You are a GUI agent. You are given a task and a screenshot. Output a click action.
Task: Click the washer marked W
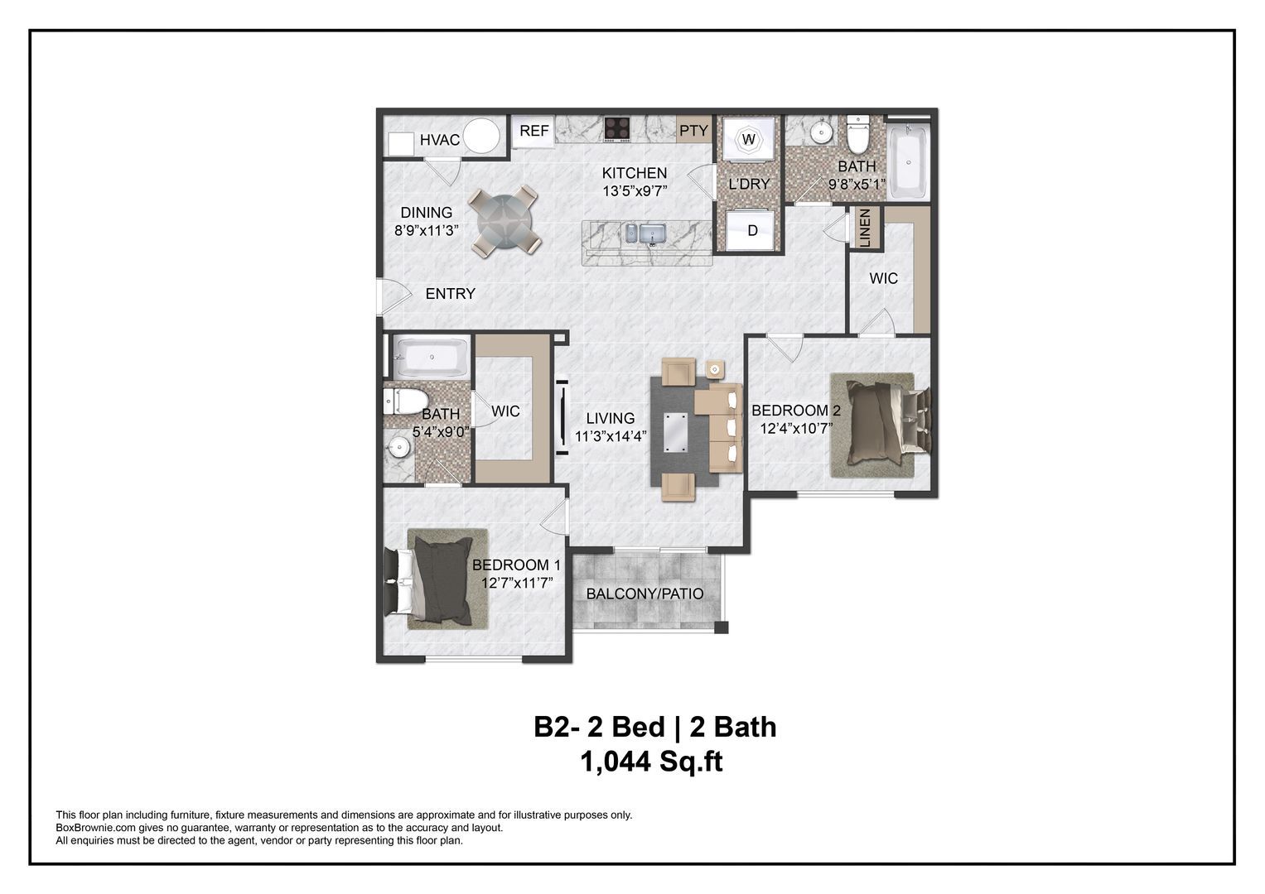pos(748,139)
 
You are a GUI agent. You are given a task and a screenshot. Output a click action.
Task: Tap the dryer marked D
pos(752,230)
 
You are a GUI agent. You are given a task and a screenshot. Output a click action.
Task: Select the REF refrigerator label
pos(534,131)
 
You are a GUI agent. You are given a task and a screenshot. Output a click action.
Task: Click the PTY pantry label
pos(693,130)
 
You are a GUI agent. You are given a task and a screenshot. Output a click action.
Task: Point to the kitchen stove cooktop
pos(617,128)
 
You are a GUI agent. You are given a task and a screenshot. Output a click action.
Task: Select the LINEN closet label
pos(865,228)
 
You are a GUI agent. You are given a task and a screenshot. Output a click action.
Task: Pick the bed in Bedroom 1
pos(439,579)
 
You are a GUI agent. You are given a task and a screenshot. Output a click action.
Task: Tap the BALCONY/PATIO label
pos(645,594)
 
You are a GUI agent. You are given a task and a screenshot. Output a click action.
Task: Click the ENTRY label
pos(450,294)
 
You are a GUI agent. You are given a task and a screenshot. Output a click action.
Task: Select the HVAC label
pos(439,140)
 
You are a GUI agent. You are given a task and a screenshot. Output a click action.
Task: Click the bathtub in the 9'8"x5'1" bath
pos(907,161)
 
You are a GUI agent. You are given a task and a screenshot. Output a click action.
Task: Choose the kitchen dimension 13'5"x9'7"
pos(635,190)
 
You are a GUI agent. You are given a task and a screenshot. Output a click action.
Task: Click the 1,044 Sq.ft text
pos(652,762)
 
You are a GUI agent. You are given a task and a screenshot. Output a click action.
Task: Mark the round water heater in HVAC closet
pos(481,137)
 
